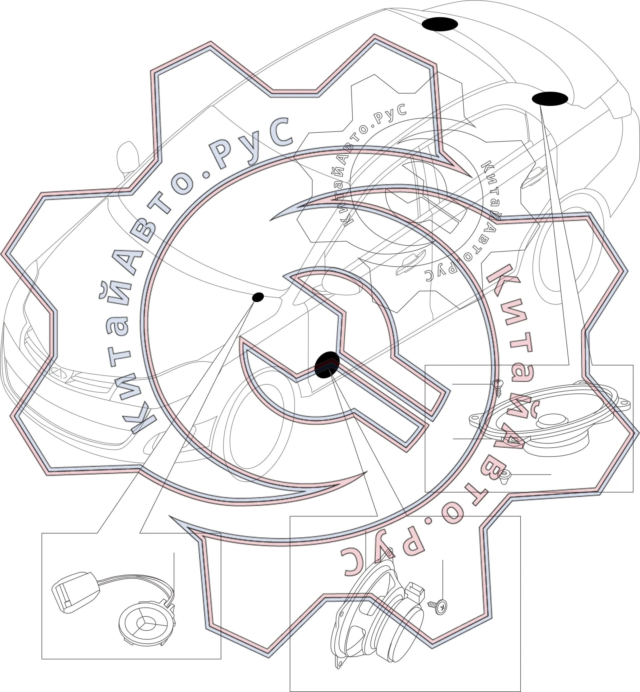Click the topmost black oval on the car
(x=440, y=24)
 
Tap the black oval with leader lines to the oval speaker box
(x=550, y=99)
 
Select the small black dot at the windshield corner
(x=258, y=297)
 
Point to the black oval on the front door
(x=327, y=365)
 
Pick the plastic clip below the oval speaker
(x=505, y=477)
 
